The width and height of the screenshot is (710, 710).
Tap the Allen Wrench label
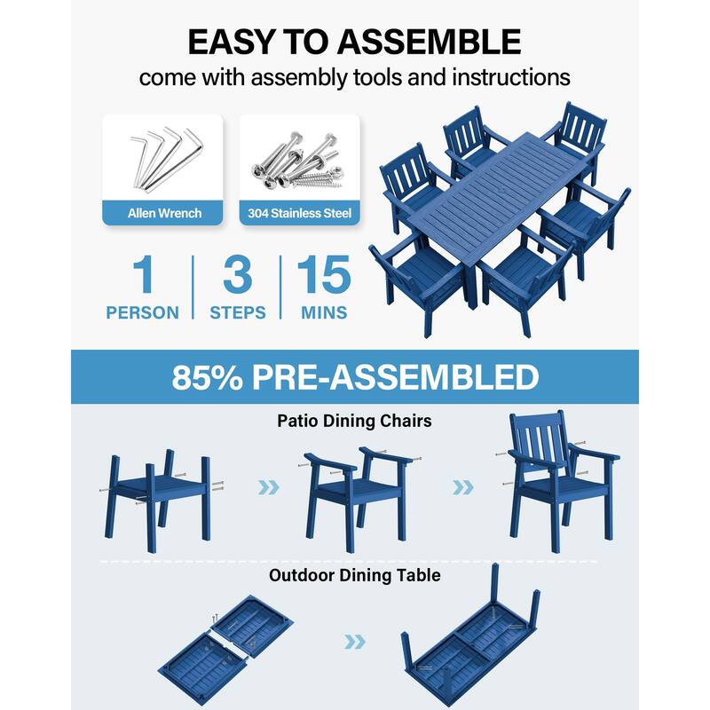pos(163,213)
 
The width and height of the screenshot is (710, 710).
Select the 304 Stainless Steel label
pos(299,213)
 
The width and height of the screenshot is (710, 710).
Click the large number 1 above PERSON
pos(142,274)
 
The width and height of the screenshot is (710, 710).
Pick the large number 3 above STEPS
pos(238,274)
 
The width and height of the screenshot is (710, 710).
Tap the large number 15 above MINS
pos(323,274)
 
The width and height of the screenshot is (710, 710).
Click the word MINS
pos(323,313)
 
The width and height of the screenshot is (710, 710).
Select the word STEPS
pos(238,313)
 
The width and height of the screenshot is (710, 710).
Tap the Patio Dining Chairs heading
pos(354,421)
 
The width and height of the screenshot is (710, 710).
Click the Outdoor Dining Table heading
pos(354,575)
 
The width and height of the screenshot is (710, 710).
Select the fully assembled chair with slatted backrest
pos(558,479)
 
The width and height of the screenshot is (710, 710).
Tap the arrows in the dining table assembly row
pos(354,641)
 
